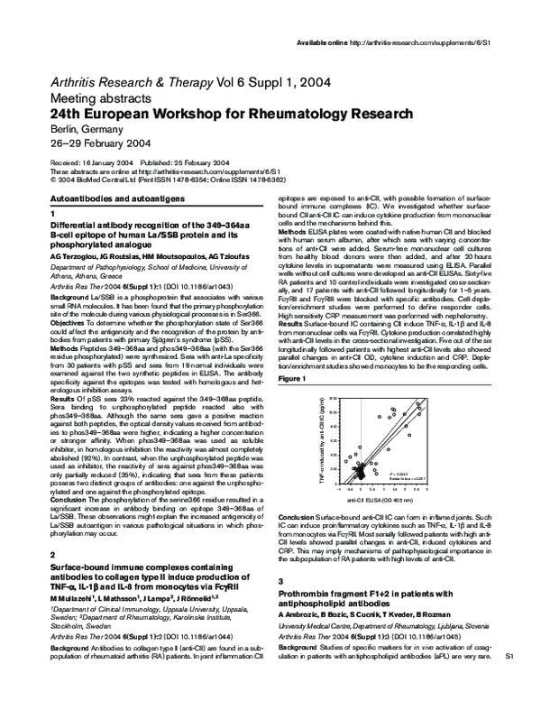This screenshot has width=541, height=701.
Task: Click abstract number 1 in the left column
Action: pos(53,211)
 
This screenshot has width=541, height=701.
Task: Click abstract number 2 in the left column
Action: pos(53,554)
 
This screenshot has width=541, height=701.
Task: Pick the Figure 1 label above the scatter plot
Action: pos(291,381)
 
